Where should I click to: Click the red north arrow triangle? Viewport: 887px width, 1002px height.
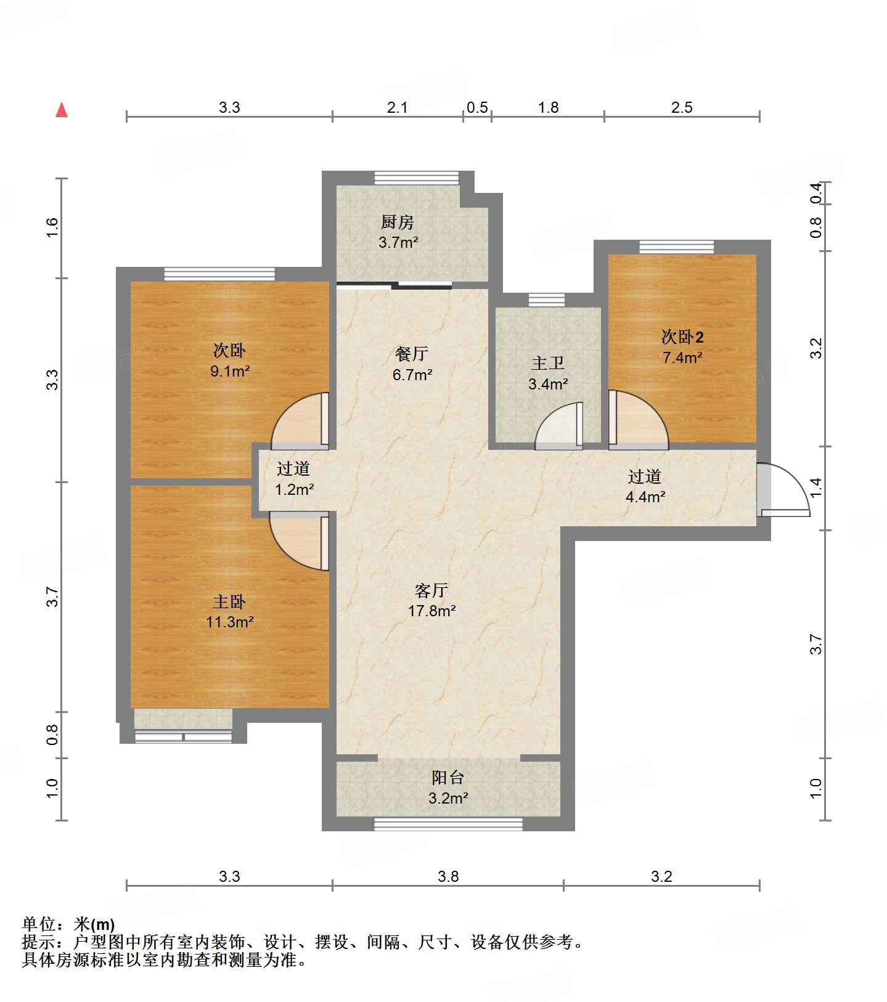(x=62, y=110)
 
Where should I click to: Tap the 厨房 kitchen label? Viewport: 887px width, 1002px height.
(x=397, y=222)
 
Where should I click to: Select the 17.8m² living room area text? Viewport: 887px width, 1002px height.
(x=431, y=611)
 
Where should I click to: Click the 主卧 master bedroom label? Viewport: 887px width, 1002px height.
(x=229, y=601)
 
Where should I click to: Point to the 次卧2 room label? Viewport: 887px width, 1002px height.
(x=682, y=337)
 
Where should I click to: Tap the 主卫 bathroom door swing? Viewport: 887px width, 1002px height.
(x=558, y=426)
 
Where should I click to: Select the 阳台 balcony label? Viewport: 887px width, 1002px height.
(x=448, y=778)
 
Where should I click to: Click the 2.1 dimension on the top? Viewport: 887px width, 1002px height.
(x=397, y=108)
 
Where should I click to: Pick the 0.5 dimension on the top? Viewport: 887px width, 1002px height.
(x=477, y=108)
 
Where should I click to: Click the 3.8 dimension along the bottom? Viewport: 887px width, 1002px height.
(x=448, y=876)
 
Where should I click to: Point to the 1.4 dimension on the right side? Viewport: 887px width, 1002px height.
(x=815, y=488)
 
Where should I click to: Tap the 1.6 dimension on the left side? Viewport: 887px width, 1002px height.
(x=52, y=227)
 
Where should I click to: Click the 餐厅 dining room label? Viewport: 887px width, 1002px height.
(x=412, y=354)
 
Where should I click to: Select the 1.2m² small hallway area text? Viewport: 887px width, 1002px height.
(x=294, y=490)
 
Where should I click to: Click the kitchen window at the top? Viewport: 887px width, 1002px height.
(x=417, y=177)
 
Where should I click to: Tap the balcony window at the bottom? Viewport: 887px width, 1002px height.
(x=448, y=824)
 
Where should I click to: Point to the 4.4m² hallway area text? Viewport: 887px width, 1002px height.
(x=645, y=497)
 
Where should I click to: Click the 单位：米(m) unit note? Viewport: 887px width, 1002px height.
(x=68, y=924)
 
